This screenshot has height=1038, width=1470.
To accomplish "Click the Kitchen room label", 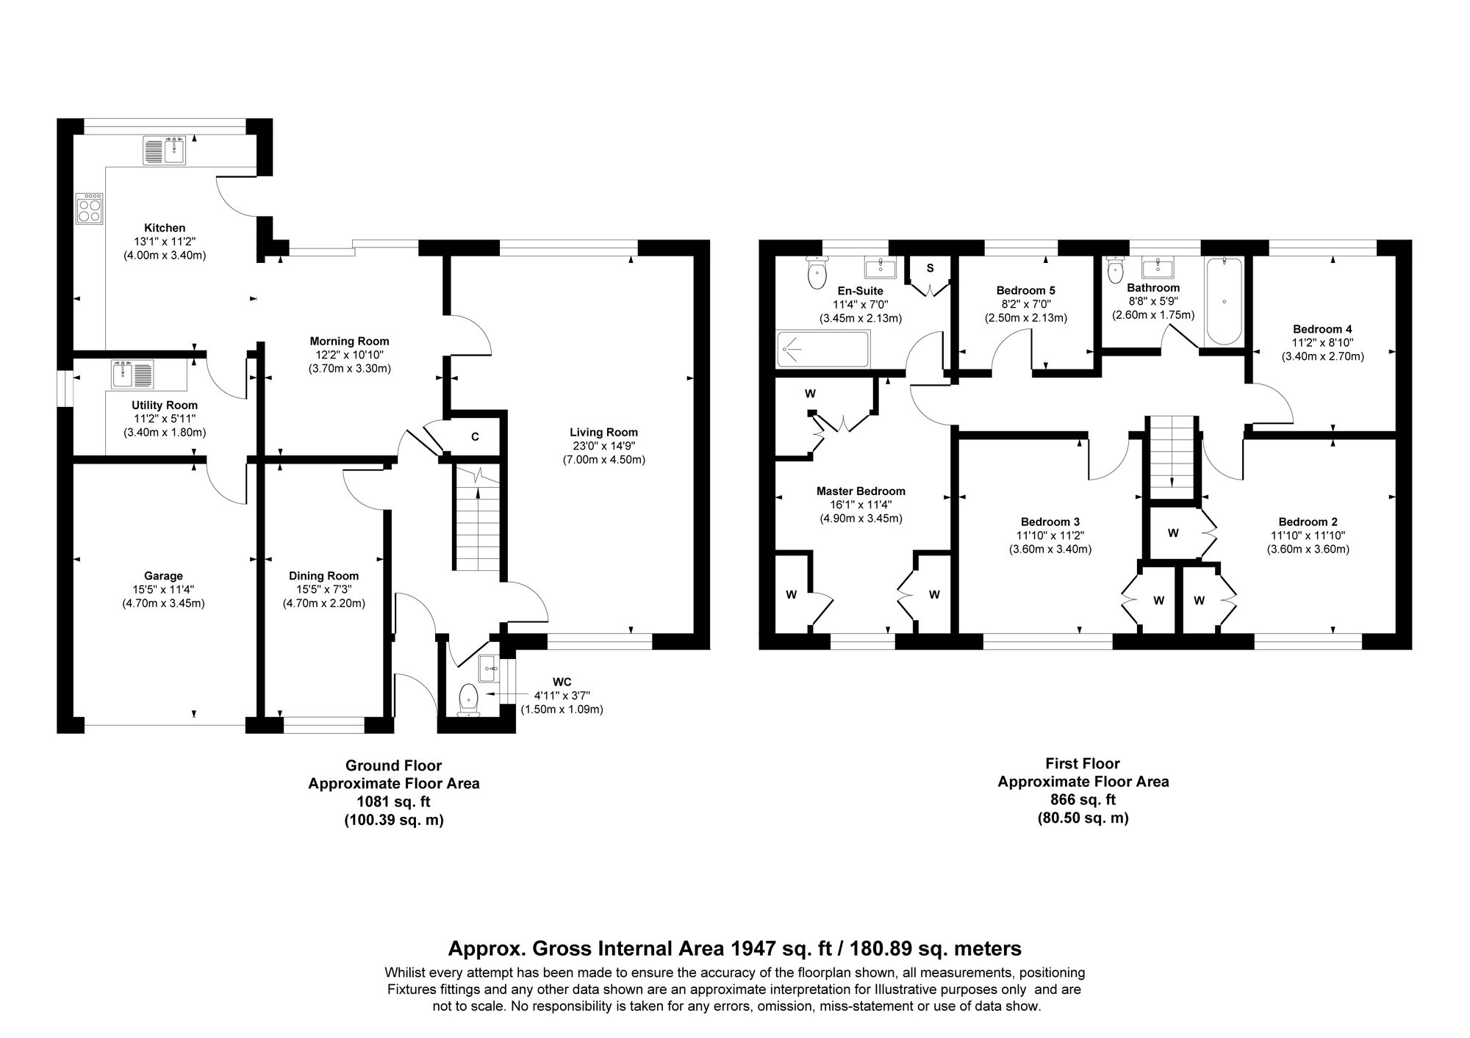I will (165, 228).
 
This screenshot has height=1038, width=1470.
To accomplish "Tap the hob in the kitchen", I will (90, 210).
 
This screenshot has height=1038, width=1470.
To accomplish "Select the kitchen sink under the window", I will (166, 151).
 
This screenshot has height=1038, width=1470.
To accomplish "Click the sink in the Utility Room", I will (132, 374).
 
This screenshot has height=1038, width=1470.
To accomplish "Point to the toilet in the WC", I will (468, 699).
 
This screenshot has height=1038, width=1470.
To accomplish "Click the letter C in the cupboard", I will (475, 437).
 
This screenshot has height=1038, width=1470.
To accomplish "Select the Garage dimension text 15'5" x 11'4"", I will (163, 590).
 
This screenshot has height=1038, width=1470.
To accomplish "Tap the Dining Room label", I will (323, 576).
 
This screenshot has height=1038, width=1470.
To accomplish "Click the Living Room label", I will (603, 433).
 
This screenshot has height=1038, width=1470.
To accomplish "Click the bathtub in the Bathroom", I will (1224, 301).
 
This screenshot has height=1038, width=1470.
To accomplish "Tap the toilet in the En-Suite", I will (816, 273).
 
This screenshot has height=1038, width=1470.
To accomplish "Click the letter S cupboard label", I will (930, 268).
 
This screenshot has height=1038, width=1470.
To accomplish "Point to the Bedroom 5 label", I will (1025, 290).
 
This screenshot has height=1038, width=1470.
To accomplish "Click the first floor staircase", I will (1171, 455).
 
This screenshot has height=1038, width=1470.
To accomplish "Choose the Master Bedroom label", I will (861, 491).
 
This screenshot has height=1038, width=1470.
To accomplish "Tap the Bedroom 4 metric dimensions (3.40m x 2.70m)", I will (1322, 357).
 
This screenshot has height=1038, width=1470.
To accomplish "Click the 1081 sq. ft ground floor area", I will (393, 802).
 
